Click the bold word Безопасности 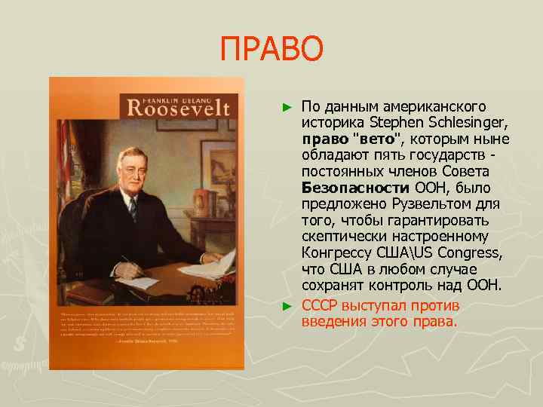(x=349, y=188)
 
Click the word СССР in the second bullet (x=320, y=306)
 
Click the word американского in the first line (x=431, y=107)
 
